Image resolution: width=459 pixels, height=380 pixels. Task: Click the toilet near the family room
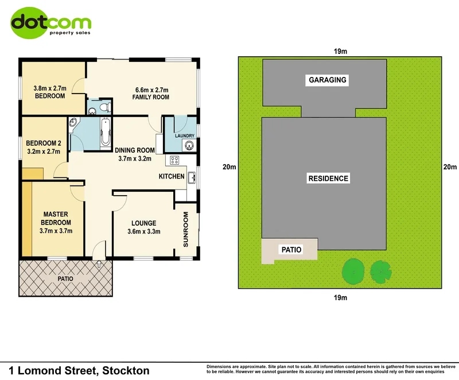[x=103, y=107]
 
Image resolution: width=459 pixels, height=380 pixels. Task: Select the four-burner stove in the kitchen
[x=174, y=162]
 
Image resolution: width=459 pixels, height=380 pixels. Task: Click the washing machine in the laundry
[x=189, y=146]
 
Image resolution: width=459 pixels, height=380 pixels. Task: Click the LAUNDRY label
[x=185, y=136]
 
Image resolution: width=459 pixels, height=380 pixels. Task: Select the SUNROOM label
[x=186, y=230]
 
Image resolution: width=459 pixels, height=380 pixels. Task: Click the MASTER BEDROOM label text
[x=56, y=219]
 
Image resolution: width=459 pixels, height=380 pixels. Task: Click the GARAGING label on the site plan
[x=327, y=80]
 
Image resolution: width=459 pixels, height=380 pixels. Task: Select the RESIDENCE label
[x=328, y=179]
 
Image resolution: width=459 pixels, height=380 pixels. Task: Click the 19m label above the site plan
[x=340, y=51]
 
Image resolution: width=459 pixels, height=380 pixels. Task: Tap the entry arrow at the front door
[x=99, y=265]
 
